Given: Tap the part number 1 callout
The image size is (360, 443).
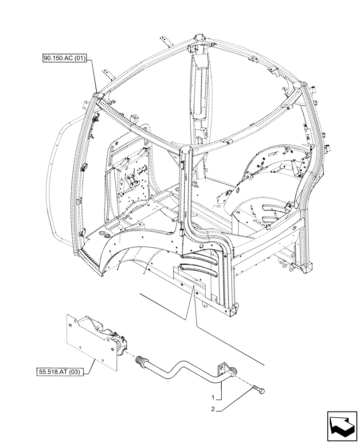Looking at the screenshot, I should pos(214,397).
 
